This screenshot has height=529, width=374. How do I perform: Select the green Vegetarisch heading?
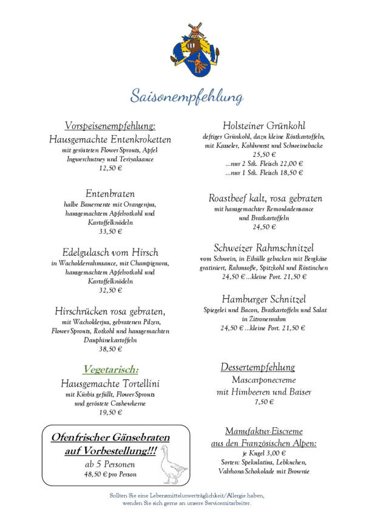pyautogui.click(x=110, y=369)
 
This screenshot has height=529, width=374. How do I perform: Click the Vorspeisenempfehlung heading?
pyautogui.click(x=110, y=126)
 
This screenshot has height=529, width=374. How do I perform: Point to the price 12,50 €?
pyautogui.click(x=110, y=168)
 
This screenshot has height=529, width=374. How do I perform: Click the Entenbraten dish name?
pyautogui.click(x=110, y=193)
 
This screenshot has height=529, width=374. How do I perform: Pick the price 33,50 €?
pyautogui.click(x=110, y=231)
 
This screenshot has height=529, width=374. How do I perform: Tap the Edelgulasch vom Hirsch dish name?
pyautogui.click(x=110, y=252)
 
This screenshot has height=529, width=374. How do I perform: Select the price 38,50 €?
pyautogui.click(x=110, y=349)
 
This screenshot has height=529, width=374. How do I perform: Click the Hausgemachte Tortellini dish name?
pyautogui.click(x=110, y=384)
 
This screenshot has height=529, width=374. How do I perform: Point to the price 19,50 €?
pyautogui.click(x=110, y=413)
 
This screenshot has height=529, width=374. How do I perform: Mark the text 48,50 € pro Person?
pyautogui.click(x=110, y=474)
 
